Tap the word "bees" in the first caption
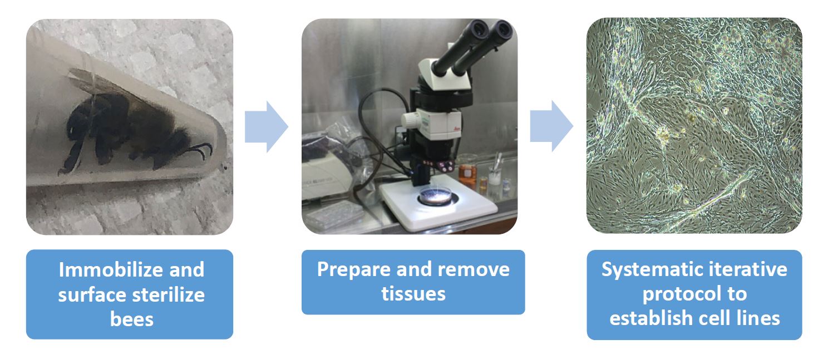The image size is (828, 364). click(132, 319)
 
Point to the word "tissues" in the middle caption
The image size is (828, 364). click(413, 293)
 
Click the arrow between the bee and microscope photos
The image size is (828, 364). click(266, 126)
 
